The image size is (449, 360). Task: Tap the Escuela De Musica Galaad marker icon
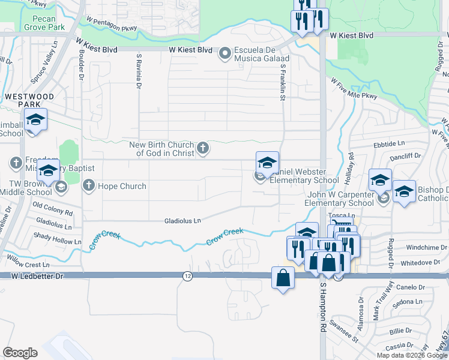(x=225, y=54)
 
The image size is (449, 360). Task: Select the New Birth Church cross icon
(x=203, y=148)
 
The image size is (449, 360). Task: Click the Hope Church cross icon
(x=89, y=185)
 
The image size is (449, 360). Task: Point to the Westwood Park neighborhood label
(x=29, y=100)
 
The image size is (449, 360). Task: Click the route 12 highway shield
(x=187, y=275)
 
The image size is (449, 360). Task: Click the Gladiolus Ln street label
(x=182, y=221)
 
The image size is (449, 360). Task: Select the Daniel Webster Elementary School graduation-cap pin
(x=267, y=163)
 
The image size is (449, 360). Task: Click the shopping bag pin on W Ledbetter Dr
(x=283, y=278)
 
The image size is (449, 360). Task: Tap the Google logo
(x=20, y=353)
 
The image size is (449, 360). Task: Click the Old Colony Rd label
(x=53, y=212)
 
